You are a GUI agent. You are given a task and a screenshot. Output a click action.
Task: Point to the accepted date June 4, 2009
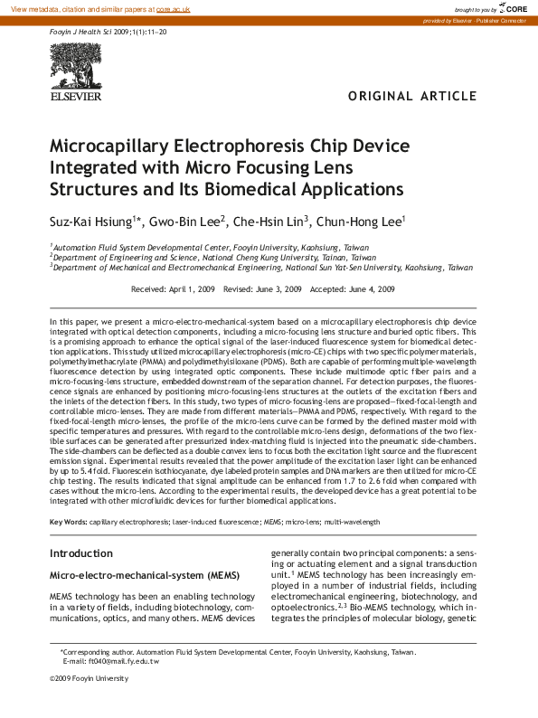373,289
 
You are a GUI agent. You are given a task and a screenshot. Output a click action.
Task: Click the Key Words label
68,522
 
